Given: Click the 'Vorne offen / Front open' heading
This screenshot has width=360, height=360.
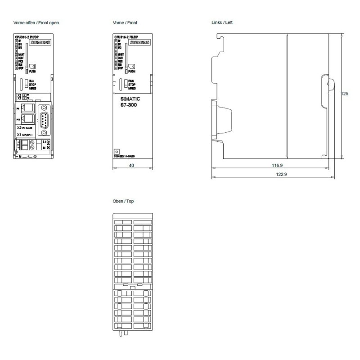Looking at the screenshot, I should coord(37,22).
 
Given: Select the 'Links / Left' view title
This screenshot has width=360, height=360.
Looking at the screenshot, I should coord(222,22).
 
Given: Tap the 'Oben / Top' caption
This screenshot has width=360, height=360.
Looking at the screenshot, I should coord(123,201).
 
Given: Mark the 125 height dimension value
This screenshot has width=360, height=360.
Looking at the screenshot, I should coord(345,94).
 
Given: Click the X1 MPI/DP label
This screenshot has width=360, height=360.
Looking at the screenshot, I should coord(25,134).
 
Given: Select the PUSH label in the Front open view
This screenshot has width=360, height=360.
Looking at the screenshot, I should coord(32,71).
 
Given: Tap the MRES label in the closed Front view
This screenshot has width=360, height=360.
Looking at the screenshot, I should coord(132,88).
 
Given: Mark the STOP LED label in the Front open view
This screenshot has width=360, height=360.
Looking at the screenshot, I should coord(21,68).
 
